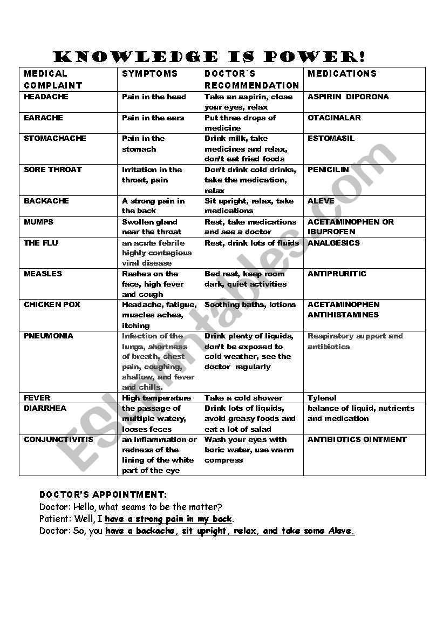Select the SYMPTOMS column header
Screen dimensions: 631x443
pos(149,73)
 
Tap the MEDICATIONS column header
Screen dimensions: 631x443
pos(342,73)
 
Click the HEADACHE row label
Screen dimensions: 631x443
pos(46,97)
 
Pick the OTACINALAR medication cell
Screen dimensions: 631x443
pos(334,118)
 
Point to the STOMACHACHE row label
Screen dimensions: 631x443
pos(54,139)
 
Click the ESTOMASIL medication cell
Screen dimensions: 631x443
pos(331,139)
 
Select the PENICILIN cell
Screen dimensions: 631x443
pos(328,169)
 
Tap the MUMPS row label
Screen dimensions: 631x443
pos(38,222)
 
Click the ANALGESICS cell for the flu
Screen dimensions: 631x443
pos(333,243)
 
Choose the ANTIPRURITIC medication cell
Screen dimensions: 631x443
pos(337,274)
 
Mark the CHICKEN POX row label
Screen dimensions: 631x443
pos(52,305)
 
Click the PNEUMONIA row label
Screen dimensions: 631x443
pos(48,336)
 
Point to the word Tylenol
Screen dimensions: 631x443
pos(322,398)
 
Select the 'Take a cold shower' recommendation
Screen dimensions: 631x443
pos(243,398)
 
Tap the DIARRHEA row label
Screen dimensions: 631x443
pos(45,408)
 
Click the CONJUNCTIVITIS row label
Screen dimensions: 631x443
pos(58,439)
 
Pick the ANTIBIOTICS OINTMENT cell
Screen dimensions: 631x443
pos(357,439)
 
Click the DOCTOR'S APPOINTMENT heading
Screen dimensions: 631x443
pos(103,494)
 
